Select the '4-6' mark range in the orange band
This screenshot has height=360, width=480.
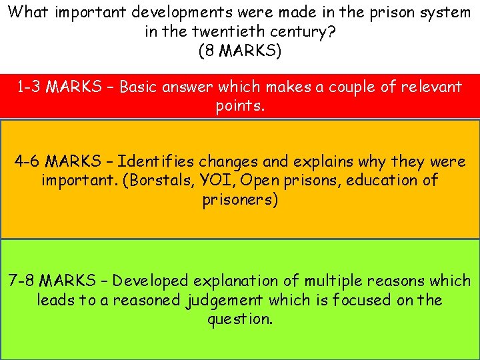(x=29, y=161)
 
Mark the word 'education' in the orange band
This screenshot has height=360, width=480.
(x=386, y=181)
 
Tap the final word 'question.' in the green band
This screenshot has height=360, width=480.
(x=240, y=319)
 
